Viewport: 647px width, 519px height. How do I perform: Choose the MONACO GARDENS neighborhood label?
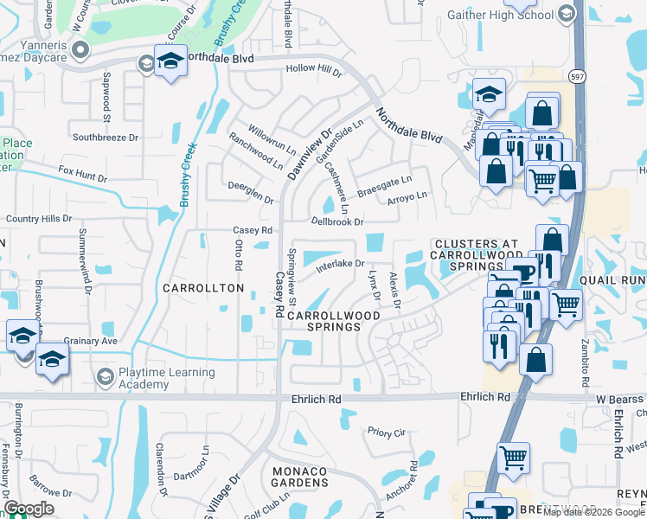pyautogui.click(x=297, y=476)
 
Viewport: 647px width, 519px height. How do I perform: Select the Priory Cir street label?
pyautogui.click(x=386, y=432)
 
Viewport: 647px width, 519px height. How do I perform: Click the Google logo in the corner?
pyautogui.click(x=29, y=509)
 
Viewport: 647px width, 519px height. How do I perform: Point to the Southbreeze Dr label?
pyautogui.click(x=106, y=137)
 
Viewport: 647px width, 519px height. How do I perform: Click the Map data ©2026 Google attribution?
pyautogui.click(x=593, y=512)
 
